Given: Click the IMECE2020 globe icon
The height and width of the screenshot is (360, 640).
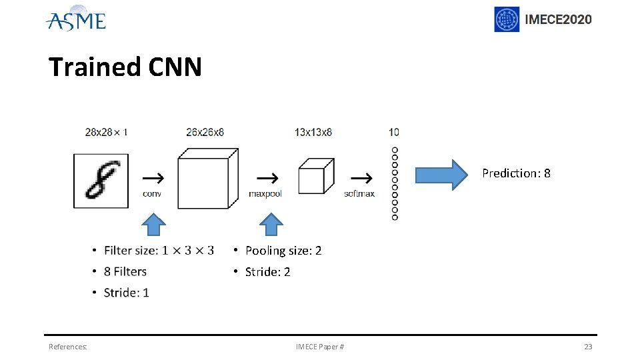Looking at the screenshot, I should (x=507, y=19).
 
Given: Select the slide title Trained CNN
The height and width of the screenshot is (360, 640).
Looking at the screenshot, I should (x=125, y=67).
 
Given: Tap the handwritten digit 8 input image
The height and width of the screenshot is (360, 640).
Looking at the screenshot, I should (x=101, y=181).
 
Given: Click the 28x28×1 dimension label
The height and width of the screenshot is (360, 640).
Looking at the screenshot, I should (x=106, y=132).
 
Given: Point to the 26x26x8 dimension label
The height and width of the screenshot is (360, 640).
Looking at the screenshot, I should (x=205, y=132).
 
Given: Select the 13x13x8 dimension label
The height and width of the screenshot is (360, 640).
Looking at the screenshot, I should (x=313, y=132).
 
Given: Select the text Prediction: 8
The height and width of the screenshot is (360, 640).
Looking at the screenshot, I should (x=516, y=173).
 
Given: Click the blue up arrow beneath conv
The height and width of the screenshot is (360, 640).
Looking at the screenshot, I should (x=155, y=225).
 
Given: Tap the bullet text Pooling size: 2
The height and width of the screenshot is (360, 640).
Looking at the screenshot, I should (x=283, y=251).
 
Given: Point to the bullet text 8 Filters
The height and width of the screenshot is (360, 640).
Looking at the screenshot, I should (x=125, y=271).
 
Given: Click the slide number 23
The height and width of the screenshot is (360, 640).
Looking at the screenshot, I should (x=588, y=347).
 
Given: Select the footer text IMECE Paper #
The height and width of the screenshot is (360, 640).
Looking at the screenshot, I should (x=320, y=347).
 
